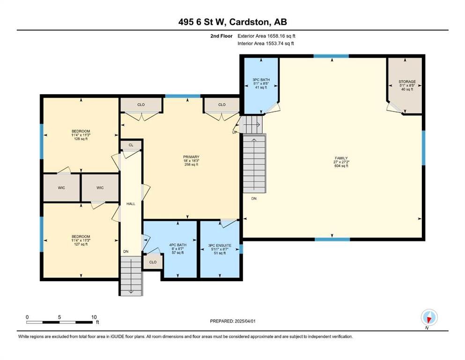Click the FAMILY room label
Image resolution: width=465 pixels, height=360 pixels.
point(341,158)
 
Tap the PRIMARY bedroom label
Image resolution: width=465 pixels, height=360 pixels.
point(191,157)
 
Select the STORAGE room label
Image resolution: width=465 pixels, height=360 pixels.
point(407,82)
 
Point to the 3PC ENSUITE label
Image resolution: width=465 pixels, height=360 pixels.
point(220,246)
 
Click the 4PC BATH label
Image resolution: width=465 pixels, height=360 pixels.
point(178,245)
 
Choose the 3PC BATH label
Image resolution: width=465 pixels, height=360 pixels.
point(261,80)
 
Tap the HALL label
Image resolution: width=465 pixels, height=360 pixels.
point(131,203)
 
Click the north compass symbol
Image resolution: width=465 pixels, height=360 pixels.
point(429,318)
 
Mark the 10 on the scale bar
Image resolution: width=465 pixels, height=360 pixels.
point(94,317)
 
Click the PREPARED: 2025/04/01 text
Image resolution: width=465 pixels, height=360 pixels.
point(232,321)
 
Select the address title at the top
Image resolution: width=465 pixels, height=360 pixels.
point(232,22)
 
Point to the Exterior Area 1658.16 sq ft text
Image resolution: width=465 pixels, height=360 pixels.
point(266,36)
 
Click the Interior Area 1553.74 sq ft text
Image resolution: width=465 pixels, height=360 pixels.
point(266,43)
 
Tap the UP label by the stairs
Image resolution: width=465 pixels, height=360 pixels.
point(235,132)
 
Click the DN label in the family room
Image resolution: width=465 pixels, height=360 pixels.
point(254,199)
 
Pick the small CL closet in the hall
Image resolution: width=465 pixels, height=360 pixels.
point(131,145)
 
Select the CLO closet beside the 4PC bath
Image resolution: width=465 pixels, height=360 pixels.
point(153,262)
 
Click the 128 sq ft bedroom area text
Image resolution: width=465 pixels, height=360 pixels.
point(81,139)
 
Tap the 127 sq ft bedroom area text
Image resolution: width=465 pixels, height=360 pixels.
point(81,244)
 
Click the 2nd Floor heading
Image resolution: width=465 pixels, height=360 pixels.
point(221,36)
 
